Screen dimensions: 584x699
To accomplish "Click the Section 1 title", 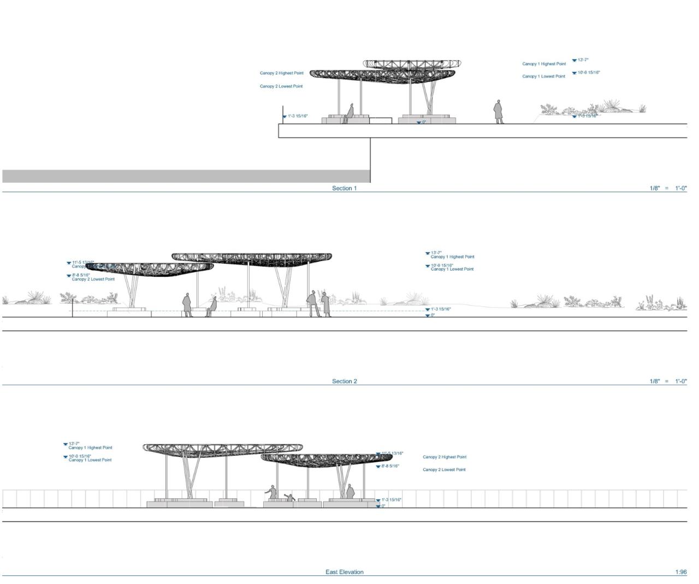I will point(344,188).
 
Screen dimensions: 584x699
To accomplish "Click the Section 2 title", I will point(344,382).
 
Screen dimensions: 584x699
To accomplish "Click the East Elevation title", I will point(344,572).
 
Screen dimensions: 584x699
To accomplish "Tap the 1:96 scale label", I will point(680,572).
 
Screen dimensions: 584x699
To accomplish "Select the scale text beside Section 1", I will point(668,188).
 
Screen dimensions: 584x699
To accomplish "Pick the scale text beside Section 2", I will point(668,382).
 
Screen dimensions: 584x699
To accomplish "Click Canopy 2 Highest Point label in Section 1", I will point(281,73).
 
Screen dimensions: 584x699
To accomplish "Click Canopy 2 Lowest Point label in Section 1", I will point(281,86).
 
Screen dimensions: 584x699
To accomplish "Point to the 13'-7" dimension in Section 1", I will point(583,60).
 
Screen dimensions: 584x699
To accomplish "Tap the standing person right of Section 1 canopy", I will point(498,111).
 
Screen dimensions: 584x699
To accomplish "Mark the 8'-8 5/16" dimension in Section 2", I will point(81,275).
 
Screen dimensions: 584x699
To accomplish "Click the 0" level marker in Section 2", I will point(433,315).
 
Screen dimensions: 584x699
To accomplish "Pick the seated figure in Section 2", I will point(212,306).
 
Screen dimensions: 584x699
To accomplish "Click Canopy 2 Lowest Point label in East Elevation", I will point(444,469).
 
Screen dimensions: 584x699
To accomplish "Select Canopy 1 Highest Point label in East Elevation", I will point(90,448).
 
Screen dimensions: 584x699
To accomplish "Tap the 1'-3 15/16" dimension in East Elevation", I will point(391,499).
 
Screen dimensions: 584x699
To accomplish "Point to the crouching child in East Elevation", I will point(290,498).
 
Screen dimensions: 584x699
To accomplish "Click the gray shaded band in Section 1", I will point(186,176).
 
